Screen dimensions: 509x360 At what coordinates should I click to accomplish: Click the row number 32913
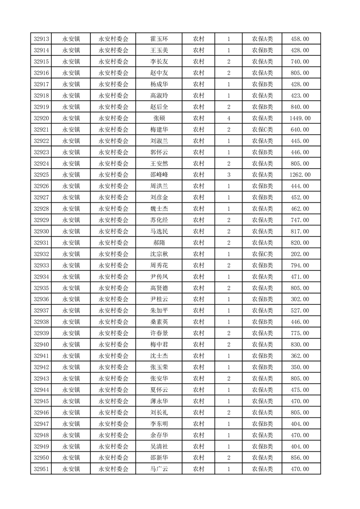click(41, 39)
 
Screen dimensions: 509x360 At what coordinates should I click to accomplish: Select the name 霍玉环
click(159, 39)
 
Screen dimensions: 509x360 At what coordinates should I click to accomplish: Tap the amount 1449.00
click(300, 118)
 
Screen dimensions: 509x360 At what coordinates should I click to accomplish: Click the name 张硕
click(159, 118)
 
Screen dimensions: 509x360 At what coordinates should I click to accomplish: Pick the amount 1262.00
click(300, 175)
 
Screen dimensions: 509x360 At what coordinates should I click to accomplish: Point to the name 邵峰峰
click(159, 175)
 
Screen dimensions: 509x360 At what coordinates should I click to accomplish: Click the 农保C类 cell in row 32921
click(262, 130)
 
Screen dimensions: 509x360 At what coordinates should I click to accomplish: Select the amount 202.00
click(300, 254)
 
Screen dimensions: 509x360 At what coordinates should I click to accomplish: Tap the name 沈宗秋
click(159, 254)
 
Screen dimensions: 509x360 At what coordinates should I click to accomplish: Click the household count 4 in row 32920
click(229, 118)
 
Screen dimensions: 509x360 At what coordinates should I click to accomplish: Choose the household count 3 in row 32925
click(229, 175)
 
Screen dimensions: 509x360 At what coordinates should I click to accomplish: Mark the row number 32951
click(41, 469)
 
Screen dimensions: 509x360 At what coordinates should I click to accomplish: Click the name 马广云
click(159, 469)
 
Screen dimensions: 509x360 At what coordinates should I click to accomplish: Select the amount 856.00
click(300, 458)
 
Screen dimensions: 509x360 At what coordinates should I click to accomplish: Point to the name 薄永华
click(159, 401)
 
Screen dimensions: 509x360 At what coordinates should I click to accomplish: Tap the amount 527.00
click(300, 311)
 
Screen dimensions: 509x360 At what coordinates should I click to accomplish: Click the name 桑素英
click(159, 322)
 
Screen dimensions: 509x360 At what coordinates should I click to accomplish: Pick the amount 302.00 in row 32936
click(300, 299)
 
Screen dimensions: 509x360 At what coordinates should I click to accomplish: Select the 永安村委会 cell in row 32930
click(113, 231)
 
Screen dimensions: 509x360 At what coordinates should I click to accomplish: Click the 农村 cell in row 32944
click(198, 390)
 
